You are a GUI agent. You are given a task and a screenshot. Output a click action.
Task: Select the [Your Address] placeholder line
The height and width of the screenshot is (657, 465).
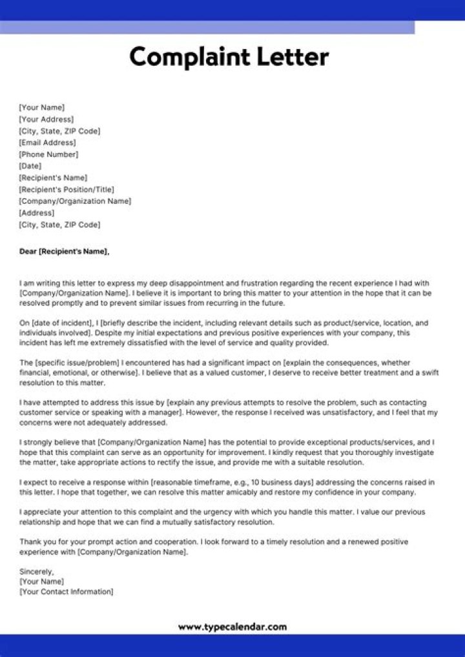(x=46, y=119)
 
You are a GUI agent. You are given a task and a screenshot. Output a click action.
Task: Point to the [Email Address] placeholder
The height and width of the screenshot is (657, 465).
(x=47, y=143)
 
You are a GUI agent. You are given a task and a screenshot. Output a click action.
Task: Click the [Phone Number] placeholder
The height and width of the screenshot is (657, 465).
(x=48, y=154)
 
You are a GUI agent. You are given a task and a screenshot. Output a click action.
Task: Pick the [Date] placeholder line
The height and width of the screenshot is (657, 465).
(x=30, y=166)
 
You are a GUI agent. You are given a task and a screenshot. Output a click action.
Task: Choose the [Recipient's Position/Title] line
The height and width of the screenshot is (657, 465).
(x=67, y=189)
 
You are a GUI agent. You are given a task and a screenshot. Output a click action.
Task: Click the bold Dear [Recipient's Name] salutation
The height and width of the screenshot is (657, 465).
(x=65, y=251)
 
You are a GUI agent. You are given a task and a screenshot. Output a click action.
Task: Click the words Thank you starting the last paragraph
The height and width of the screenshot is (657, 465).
(x=36, y=541)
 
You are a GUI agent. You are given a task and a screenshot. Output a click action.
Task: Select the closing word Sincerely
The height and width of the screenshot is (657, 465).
(x=36, y=571)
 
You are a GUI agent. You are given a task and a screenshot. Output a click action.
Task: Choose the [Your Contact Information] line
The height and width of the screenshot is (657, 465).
(x=66, y=591)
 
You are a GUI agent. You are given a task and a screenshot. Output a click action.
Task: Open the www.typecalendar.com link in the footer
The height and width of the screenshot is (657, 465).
(x=232, y=627)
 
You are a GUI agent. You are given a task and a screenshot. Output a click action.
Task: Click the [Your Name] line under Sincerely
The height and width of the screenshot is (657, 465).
(x=41, y=581)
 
